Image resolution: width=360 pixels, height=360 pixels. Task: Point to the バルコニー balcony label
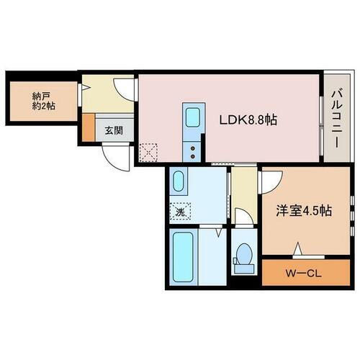point(336,118)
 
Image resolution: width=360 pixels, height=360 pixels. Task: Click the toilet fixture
point(243,254)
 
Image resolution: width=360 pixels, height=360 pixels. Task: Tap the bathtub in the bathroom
point(184,258)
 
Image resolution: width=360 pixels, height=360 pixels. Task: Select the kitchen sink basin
point(193,118)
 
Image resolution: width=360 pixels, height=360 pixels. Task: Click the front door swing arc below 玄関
point(115,154)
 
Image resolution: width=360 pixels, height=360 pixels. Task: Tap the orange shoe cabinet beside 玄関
point(88,128)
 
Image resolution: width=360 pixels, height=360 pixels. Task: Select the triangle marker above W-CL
point(297,251)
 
